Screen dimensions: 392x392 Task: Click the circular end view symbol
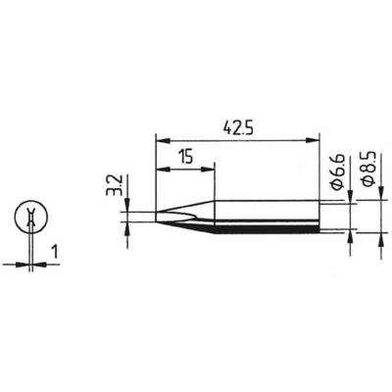33,219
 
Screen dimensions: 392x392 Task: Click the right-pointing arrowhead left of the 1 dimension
25,263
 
